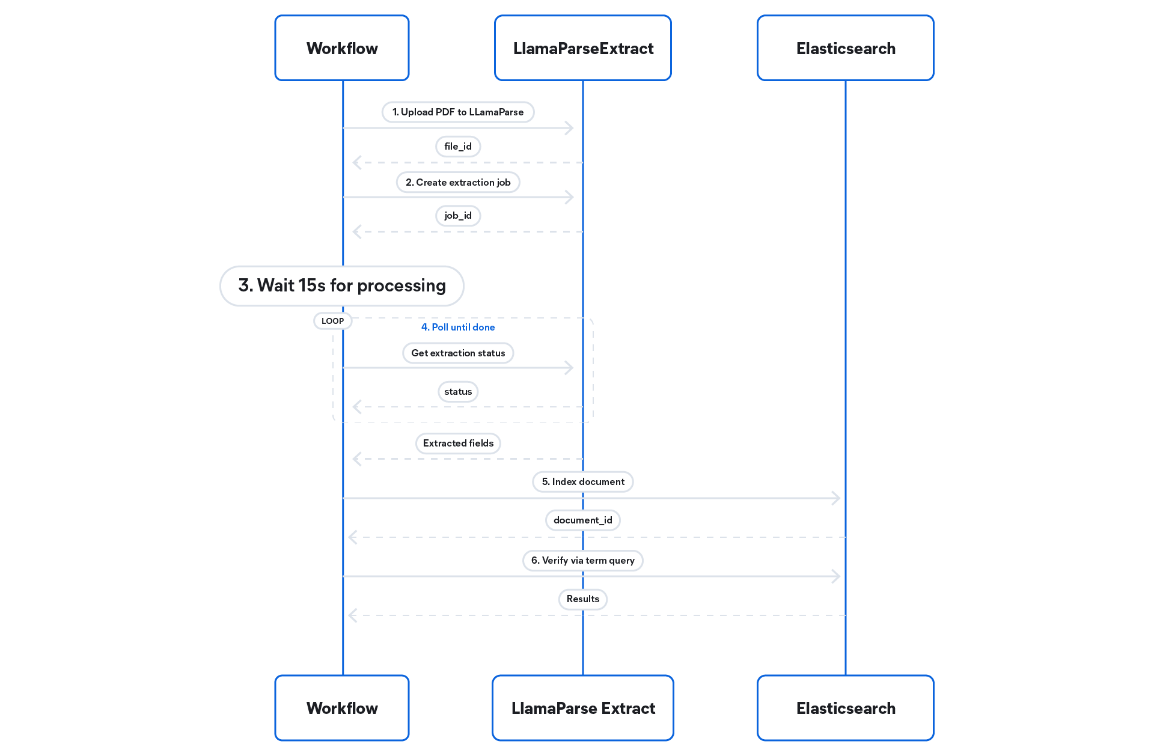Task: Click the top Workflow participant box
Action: click(342, 48)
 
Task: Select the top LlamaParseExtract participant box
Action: click(583, 48)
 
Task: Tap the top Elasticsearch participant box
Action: click(846, 48)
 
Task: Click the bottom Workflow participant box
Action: click(342, 708)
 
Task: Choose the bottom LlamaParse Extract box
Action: click(583, 708)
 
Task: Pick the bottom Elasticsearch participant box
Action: click(846, 708)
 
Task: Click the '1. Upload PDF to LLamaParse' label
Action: click(458, 112)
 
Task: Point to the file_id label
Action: click(458, 146)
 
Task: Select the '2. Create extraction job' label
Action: click(458, 182)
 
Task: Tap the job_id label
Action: click(458, 215)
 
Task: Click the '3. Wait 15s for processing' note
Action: click(342, 285)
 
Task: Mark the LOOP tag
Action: click(332, 321)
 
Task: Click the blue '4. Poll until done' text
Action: click(458, 327)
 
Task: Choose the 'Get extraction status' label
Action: click(458, 353)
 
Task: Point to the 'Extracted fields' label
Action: click(458, 443)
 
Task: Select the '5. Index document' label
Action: click(583, 481)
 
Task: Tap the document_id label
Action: click(583, 520)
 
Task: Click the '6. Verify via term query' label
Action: click(583, 560)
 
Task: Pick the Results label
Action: click(583, 599)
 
